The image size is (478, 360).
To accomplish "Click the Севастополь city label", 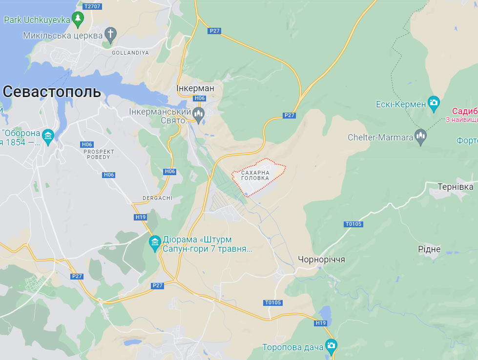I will click(x=52, y=92).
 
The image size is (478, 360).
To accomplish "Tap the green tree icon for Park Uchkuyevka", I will click(x=78, y=20).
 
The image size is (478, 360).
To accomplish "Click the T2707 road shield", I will click(x=92, y=6).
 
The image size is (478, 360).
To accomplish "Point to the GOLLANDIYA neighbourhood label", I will click(x=130, y=53).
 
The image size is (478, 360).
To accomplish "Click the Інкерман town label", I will click(x=195, y=88).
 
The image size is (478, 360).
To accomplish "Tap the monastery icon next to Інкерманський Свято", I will click(x=198, y=115).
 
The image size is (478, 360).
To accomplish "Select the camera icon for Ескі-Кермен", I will click(x=434, y=103).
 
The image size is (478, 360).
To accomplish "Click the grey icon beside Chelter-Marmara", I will click(x=421, y=137).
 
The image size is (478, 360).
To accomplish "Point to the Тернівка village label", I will click(x=455, y=187).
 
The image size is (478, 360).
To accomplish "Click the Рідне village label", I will click(x=429, y=249).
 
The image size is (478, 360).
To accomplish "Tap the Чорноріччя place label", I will click(x=321, y=259).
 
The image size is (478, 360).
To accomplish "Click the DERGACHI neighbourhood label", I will click(x=157, y=198).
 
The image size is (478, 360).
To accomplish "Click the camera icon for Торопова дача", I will click(x=331, y=346).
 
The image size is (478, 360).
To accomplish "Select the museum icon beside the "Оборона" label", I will click(x=48, y=136).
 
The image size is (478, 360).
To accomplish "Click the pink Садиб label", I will click(x=464, y=111).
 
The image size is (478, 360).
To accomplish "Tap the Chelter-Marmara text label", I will click(x=380, y=138).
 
